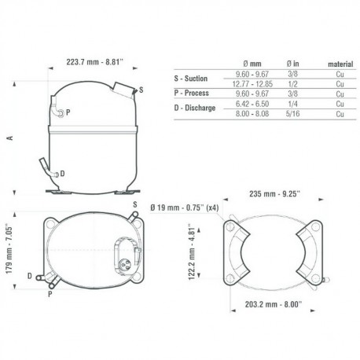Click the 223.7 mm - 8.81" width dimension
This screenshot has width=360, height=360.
94,62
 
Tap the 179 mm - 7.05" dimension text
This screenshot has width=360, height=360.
9,248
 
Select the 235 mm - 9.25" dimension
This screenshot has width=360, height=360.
274,194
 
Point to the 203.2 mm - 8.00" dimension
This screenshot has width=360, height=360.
274,304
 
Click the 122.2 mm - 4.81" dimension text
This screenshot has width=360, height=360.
192,252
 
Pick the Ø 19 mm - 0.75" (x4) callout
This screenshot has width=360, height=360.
185,208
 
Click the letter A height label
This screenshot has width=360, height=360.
10,138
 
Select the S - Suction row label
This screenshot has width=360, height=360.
191,79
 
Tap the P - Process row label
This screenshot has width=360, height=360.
192,93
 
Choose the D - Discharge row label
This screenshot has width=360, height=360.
195,108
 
